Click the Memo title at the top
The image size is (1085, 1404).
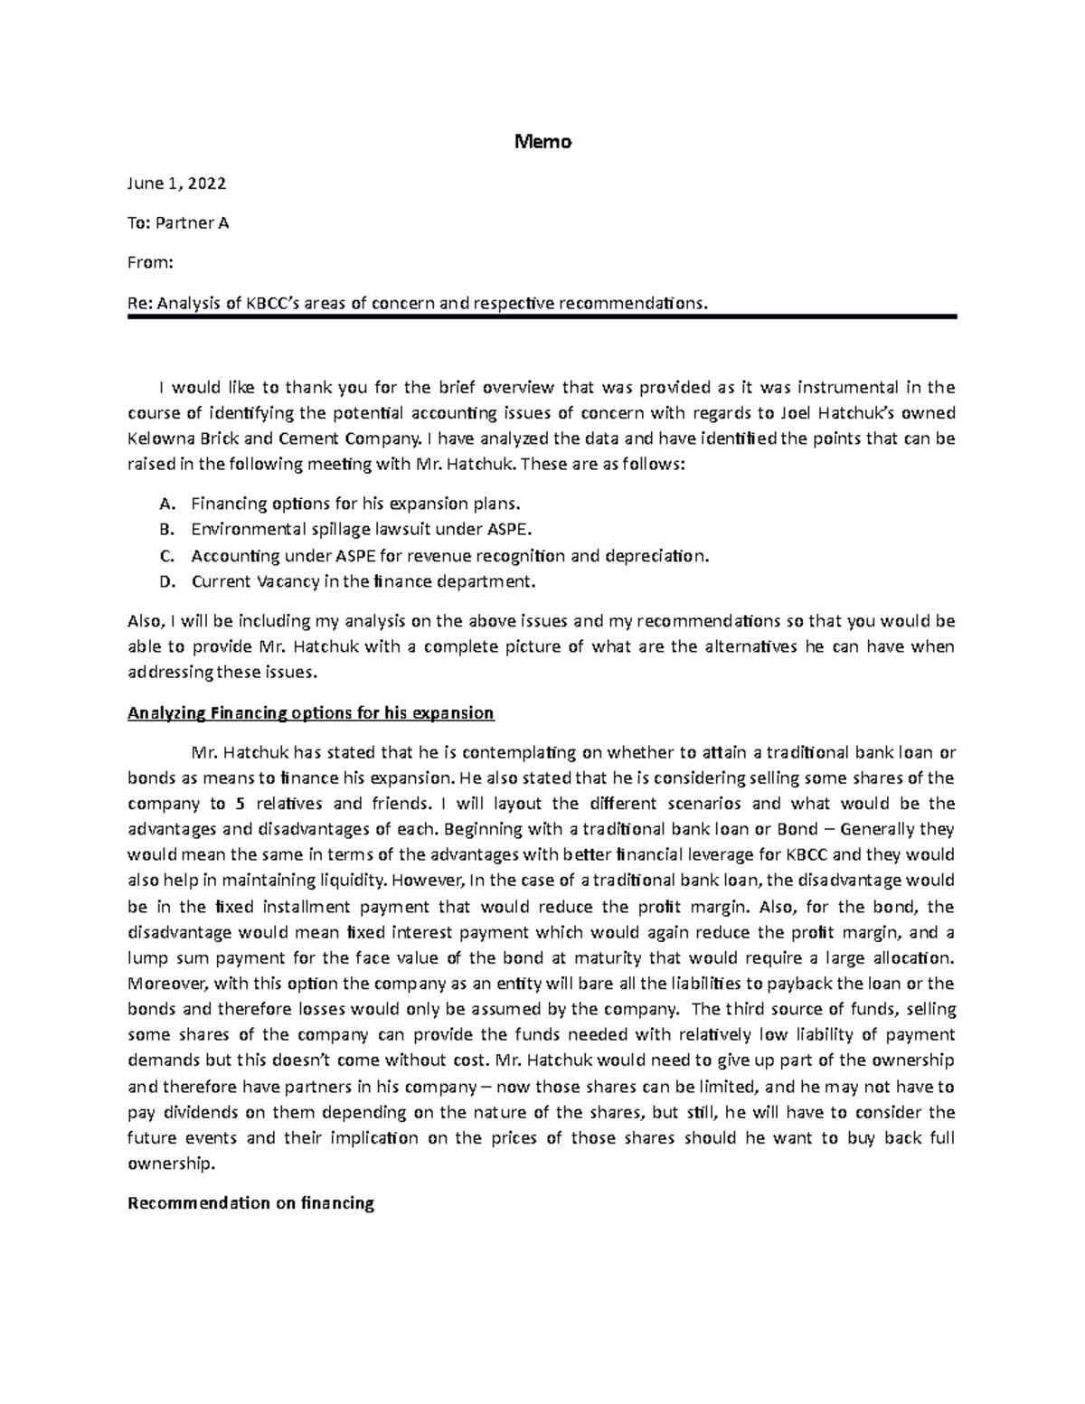pyautogui.click(x=542, y=142)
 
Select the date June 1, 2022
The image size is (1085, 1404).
pyautogui.click(x=177, y=184)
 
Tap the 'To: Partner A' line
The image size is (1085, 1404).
pyautogui.click(x=178, y=222)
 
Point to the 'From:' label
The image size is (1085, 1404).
pyautogui.click(x=149, y=262)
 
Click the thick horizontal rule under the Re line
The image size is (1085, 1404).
pyautogui.click(x=542, y=316)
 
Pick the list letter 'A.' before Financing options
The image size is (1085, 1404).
pyautogui.click(x=165, y=504)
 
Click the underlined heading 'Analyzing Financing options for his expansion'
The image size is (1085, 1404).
pyautogui.click(x=311, y=713)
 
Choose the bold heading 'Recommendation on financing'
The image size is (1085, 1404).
pyautogui.click(x=250, y=1203)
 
